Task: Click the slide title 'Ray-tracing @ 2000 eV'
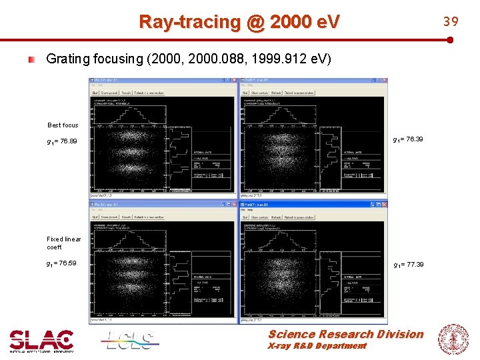pyautogui.click(x=239, y=22)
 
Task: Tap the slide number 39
pyautogui.click(x=451, y=21)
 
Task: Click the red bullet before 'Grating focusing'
pyautogui.click(x=31, y=59)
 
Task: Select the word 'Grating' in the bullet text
pyautogui.click(x=66, y=59)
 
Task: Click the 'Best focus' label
pyautogui.click(x=63, y=125)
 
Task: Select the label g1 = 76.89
pyautogui.click(x=61, y=141)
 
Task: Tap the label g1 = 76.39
pyautogui.click(x=408, y=140)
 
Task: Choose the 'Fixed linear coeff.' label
pyautogui.click(x=63, y=243)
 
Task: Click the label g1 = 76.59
pyautogui.click(x=61, y=263)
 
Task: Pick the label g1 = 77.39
pyautogui.click(x=408, y=265)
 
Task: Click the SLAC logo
pyautogui.click(x=41, y=341)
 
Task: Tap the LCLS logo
pyautogui.click(x=130, y=341)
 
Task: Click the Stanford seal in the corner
pyautogui.click(x=453, y=340)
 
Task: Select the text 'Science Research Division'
pyautogui.click(x=345, y=334)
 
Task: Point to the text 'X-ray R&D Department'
pyautogui.click(x=317, y=346)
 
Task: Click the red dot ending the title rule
pyautogui.click(x=451, y=40)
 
